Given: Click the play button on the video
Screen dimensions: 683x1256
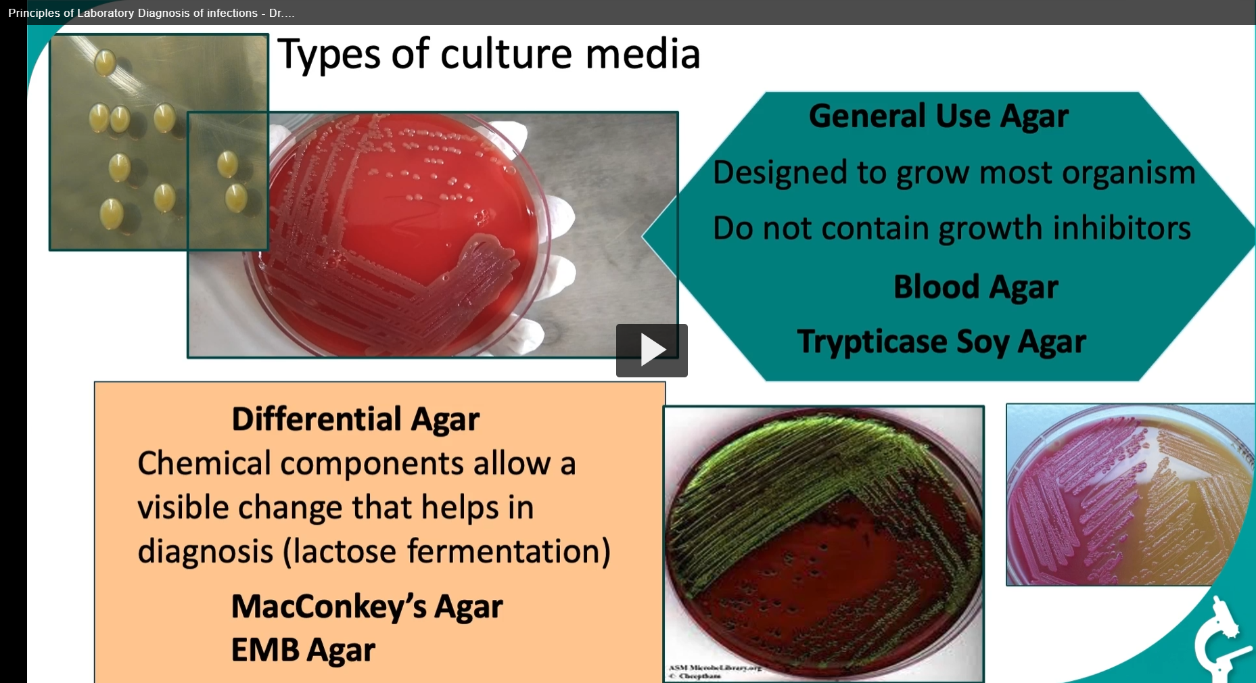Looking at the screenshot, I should [651, 350].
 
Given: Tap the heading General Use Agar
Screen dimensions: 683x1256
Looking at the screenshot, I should [938, 116].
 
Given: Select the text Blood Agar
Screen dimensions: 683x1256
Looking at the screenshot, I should [975, 287].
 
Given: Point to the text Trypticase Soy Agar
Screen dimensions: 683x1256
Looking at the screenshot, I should [941, 341].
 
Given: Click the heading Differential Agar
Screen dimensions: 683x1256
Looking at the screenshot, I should [355, 419].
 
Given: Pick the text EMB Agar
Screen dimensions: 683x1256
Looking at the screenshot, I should [302, 650].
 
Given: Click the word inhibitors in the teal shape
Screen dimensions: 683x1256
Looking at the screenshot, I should [1121, 228].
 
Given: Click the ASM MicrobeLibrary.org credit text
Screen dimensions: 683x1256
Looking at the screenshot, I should [714, 668].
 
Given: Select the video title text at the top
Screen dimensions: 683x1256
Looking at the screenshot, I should [151, 13].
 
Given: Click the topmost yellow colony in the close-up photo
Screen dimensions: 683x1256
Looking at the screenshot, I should [105, 62].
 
